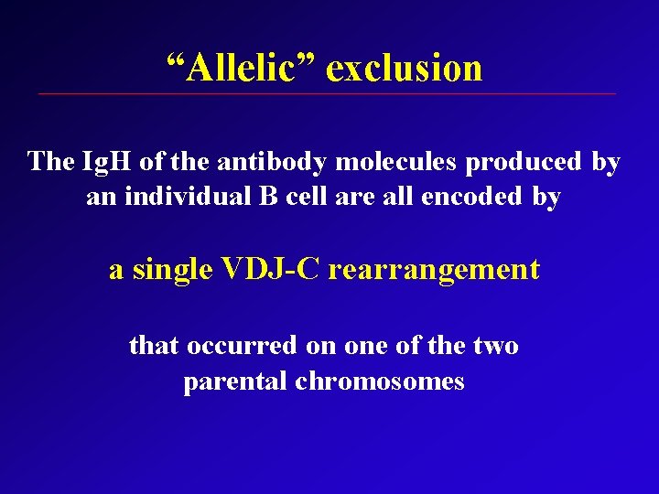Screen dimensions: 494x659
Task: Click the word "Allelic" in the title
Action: click(240, 68)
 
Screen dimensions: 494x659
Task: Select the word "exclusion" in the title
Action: click(404, 68)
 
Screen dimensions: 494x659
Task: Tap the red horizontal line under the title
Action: click(327, 94)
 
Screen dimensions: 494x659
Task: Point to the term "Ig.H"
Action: click(108, 162)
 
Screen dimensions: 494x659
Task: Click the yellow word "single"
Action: click(173, 270)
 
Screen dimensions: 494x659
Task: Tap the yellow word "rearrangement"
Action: click(434, 271)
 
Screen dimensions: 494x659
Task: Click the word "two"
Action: click(496, 346)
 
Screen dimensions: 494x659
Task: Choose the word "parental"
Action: click(235, 381)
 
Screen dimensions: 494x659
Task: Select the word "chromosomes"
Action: click(380, 381)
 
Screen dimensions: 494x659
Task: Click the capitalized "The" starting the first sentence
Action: click(50, 162)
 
